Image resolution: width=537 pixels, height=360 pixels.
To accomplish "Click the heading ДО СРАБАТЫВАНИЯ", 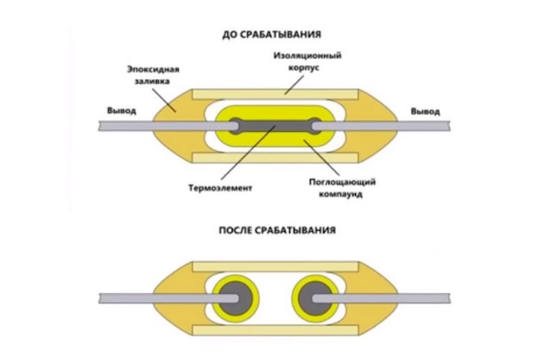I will tap(271, 35).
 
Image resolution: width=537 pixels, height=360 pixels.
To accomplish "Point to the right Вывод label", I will tap(425, 110).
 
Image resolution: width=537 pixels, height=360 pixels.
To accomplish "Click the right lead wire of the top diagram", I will tap(413, 126).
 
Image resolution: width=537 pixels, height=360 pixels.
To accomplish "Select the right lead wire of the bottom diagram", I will tap(413, 296).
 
